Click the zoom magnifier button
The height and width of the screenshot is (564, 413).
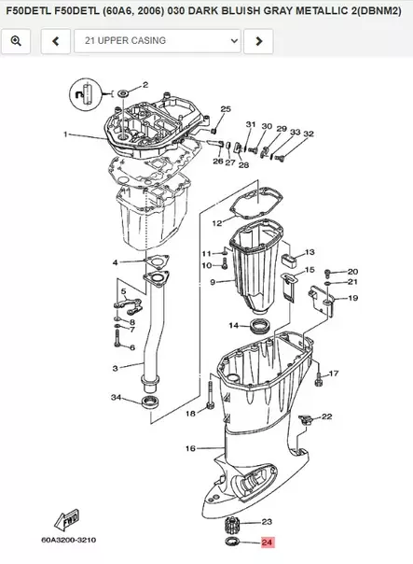click(x=18, y=41)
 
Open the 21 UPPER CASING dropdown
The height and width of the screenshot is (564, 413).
click(x=158, y=41)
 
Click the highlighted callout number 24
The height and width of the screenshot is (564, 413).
click(x=268, y=542)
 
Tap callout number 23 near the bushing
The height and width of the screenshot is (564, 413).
click(x=267, y=522)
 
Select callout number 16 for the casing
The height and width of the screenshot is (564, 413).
click(x=190, y=449)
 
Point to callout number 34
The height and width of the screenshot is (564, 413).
click(x=117, y=399)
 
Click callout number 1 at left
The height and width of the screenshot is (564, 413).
click(x=65, y=134)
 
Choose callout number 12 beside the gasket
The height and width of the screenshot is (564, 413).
click(x=216, y=223)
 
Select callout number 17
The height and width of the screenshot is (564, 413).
click(x=334, y=374)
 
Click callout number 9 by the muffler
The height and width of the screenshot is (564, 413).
click(x=213, y=282)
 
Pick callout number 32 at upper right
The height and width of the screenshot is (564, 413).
click(x=309, y=134)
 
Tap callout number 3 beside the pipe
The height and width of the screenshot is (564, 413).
click(x=115, y=369)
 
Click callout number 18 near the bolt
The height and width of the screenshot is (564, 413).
click(x=190, y=412)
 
